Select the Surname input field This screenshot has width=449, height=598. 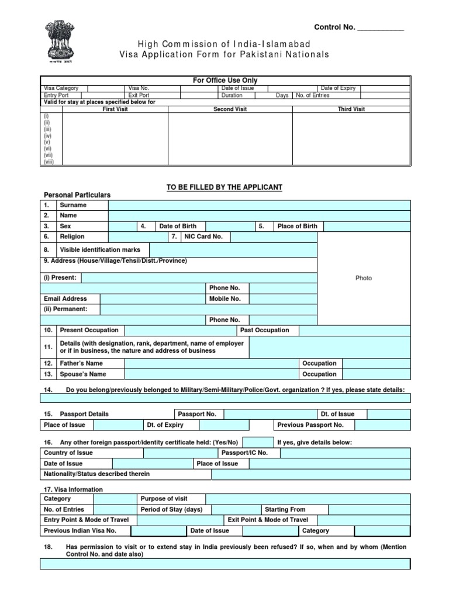[x=259, y=205]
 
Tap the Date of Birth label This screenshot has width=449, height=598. [x=178, y=226]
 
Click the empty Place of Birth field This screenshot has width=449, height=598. [x=367, y=226]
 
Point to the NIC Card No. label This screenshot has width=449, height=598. [x=203, y=237]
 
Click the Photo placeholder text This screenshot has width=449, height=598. [x=364, y=278]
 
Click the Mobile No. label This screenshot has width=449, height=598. [x=225, y=298]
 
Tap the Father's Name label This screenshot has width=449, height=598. [x=81, y=363]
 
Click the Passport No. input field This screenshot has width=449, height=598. [x=270, y=414]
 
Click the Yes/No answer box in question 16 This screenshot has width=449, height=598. [x=258, y=443]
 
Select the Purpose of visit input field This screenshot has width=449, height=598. [x=308, y=499]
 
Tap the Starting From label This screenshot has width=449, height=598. [x=285, y=509]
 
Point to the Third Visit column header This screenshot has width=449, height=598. [x=351, y=109]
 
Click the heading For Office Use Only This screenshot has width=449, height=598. [x=225, y=80]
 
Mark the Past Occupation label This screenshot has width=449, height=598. [x=264, y=330]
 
